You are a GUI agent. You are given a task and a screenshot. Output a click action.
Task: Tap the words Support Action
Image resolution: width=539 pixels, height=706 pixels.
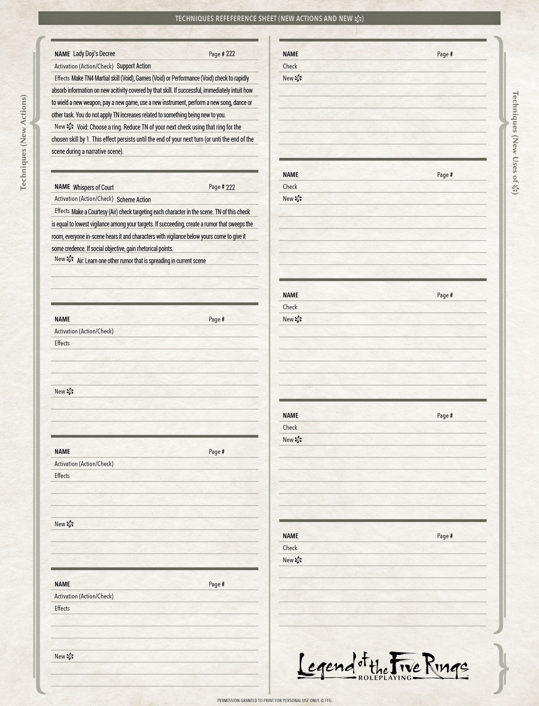(x=133, y=66)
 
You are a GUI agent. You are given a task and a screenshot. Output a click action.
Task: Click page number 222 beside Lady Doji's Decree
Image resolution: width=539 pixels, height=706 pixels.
(x=230, y=54)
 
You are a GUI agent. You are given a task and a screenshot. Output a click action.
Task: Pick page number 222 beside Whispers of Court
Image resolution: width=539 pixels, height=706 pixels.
(x=230, y=187)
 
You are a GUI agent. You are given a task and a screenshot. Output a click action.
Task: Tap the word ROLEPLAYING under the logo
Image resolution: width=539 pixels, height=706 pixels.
(x=385, y=678)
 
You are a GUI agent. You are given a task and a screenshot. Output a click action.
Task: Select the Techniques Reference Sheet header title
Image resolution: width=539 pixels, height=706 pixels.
(x=263, y=19)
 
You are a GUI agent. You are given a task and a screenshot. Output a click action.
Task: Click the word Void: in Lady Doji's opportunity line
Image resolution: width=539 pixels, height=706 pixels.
(x=82, y=127)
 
